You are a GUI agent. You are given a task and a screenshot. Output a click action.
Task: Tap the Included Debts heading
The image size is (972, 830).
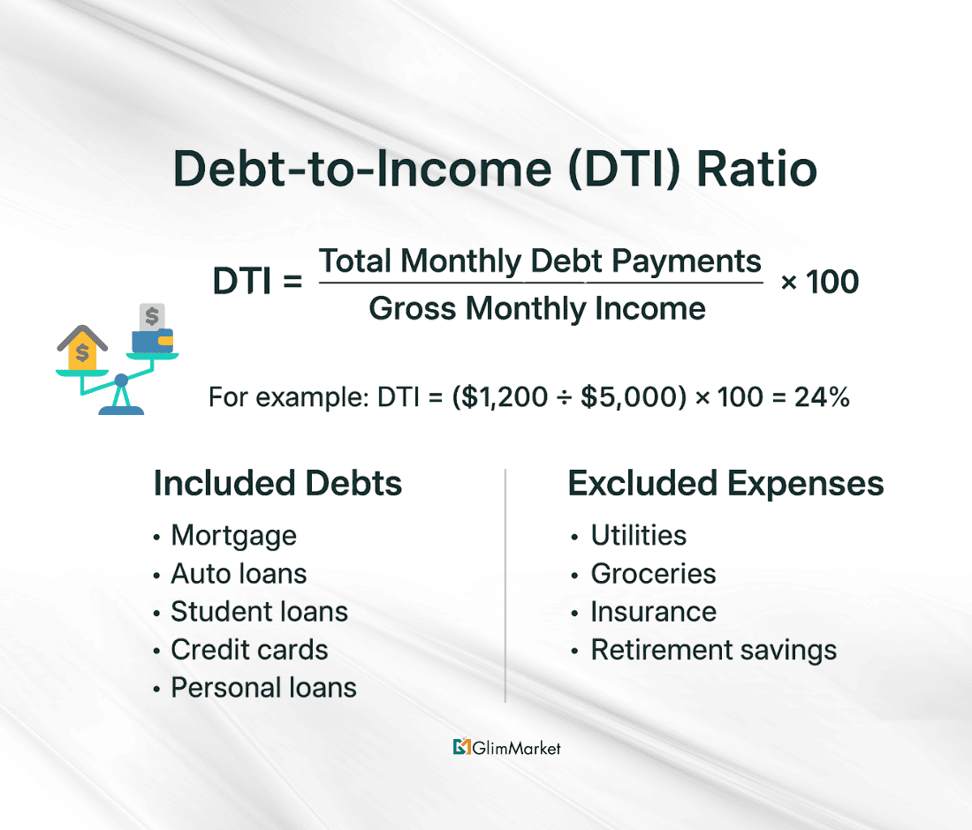[277, 484]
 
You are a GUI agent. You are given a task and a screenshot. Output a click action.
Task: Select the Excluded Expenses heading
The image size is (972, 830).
[725, 484]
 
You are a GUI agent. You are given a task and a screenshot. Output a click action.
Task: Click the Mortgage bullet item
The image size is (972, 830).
[233, 535]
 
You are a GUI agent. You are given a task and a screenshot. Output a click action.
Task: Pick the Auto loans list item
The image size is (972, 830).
[239, 573]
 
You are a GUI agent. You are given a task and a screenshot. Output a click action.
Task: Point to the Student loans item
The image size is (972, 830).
[259, 611]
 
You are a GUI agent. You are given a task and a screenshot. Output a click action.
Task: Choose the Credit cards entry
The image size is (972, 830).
[249, 650]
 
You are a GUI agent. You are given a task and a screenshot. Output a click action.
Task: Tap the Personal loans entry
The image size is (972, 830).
[263, 688]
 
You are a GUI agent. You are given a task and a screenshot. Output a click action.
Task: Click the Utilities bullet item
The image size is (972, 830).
[638, 535]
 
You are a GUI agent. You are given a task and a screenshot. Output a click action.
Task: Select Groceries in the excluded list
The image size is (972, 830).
[653, 573]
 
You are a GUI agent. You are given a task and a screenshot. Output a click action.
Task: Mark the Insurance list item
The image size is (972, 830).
[653, 611]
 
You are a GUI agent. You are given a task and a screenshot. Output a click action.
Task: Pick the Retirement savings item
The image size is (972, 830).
[713, 650]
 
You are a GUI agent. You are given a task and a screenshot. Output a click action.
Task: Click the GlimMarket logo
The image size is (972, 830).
[506, 747]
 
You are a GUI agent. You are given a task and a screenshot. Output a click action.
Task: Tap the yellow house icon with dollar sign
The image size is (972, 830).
[82, 348]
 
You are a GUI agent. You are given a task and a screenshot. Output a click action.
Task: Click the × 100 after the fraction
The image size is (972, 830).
[820, 283]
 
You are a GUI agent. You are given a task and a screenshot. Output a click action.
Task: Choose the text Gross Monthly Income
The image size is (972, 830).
[537, 308]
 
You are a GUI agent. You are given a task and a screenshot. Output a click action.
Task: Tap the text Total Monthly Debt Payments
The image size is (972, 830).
[540, 261]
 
